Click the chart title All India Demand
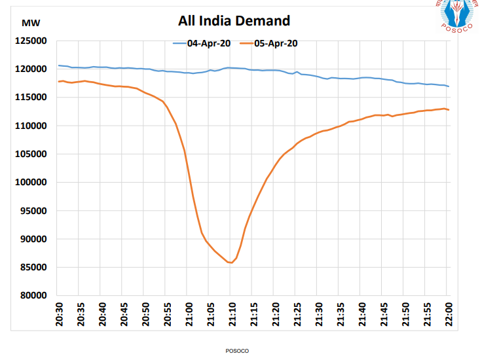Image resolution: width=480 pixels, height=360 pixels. coord(234,21)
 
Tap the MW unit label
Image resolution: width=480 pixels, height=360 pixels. coord(31,23)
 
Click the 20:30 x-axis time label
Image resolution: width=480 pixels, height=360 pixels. coord(59,314)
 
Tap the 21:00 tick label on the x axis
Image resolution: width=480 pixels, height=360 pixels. coord(188,314)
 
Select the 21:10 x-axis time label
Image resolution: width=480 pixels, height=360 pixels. coord(231,314)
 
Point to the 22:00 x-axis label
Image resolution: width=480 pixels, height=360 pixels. coord(447,314)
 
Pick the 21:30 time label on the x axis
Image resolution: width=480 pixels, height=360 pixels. coord(318,314)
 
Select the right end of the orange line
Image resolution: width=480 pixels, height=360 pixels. coord(449,110)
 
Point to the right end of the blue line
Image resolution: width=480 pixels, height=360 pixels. coord(449,86)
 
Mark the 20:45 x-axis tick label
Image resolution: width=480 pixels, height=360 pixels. coord(124,314)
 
